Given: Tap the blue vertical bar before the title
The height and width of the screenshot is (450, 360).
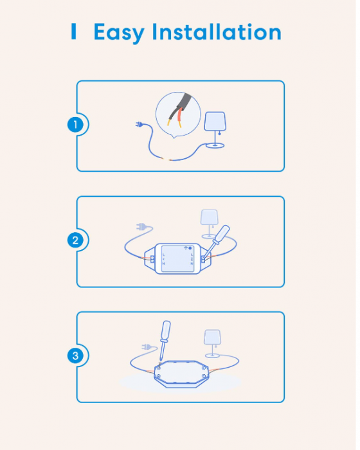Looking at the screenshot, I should [x=74, y=32].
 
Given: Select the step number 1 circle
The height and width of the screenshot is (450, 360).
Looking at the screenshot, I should [x=76, y=125].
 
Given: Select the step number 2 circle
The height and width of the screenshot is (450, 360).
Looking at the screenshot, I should [x=76, y=241].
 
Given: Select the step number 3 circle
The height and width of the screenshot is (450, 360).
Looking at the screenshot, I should [x=76, y=355].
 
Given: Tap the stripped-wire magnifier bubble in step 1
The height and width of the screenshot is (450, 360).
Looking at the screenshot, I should [x=177, y=113].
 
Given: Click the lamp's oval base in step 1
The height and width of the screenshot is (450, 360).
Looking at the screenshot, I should [x=215, y=146].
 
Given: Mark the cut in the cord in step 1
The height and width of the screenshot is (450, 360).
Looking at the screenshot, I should [x=168, y=159].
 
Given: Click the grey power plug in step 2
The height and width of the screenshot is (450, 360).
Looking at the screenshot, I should [x=143, y=226].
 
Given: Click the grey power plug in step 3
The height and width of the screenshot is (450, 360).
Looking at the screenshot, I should [x=147, y=347].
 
